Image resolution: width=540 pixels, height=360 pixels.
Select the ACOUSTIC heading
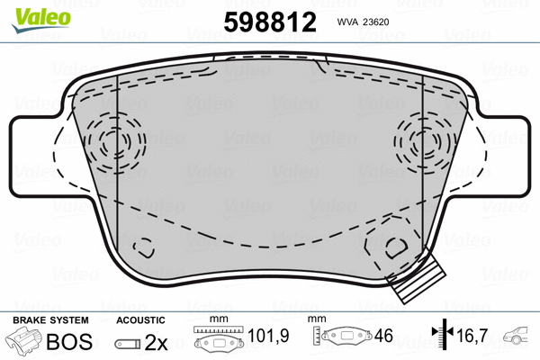coord(141,319)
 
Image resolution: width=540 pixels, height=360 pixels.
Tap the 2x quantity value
coord(157,342)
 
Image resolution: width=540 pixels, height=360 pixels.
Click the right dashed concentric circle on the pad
coord(420,141)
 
